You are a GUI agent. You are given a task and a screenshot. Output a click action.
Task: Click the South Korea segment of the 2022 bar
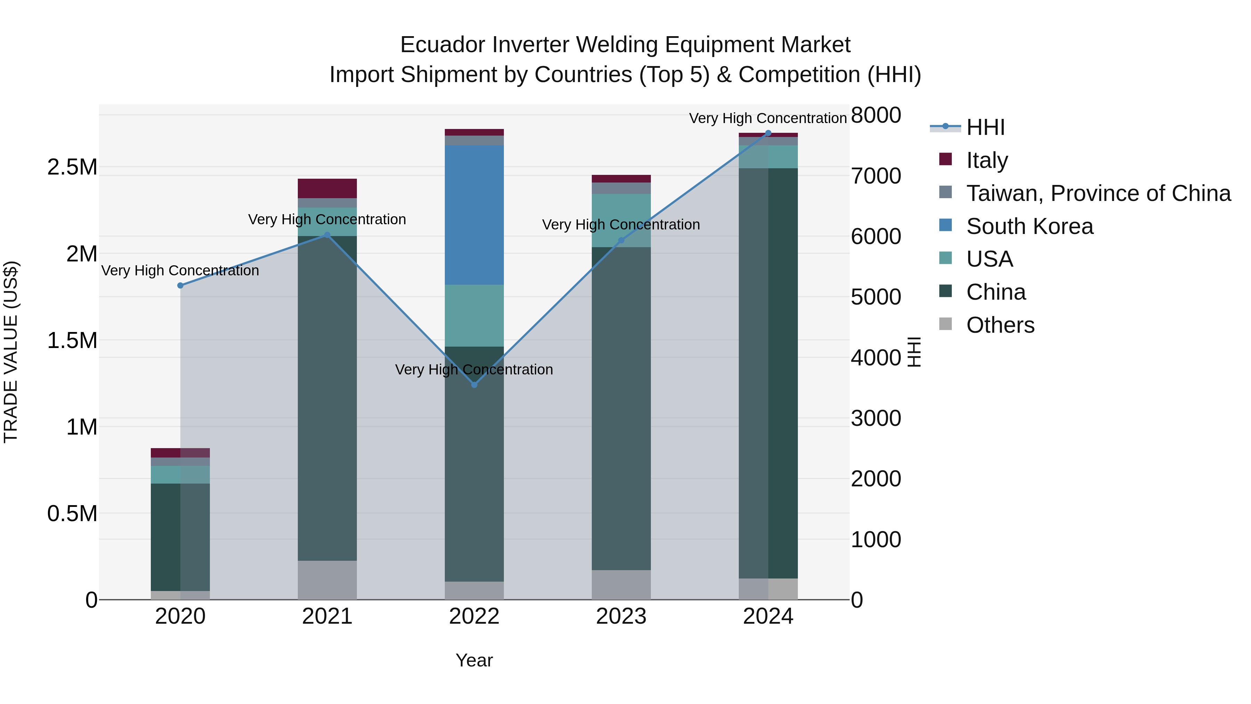point(474,215)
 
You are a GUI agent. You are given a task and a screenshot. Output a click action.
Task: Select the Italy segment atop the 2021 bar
point(327,188)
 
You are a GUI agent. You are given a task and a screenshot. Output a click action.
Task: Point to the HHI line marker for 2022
point(474,385)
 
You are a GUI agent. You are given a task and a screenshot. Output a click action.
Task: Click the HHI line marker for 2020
point(180,286)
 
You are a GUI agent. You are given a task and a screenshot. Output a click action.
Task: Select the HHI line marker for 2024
point(768,133)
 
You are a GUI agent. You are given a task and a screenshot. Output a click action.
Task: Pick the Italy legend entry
point(987,160)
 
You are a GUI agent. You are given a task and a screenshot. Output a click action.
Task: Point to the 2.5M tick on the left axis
point(72,167)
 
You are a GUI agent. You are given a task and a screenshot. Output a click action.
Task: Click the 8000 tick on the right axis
point(876,116)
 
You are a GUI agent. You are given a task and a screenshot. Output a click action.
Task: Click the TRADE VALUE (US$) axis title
point(11,352)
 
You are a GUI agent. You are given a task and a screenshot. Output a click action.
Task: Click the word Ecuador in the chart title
point(442,45)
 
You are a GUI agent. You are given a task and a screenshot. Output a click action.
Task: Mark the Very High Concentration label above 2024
point(767,119)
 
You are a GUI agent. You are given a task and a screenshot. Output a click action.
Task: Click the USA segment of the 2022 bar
point(474,315)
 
